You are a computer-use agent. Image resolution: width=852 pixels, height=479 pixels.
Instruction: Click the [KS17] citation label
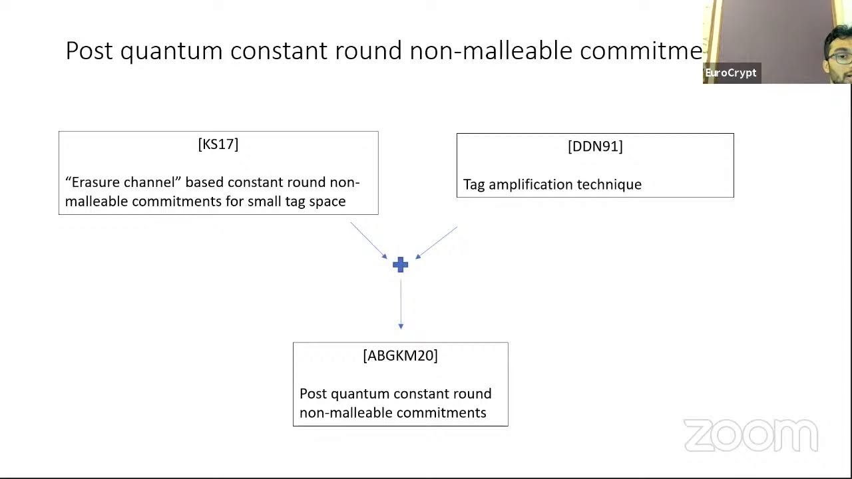point(218,144)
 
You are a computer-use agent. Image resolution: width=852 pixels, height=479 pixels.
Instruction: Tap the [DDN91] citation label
point(595,146)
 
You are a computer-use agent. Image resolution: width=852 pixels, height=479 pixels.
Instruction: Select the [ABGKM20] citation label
point(400,356)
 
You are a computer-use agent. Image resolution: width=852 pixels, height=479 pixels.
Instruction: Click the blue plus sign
point(400,265)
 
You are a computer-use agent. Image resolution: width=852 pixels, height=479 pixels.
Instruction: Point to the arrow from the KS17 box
point(369,241)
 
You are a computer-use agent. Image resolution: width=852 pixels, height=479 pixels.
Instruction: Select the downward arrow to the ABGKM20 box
point(401,303)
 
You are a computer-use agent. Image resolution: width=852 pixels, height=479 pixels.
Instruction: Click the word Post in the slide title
point(89,51)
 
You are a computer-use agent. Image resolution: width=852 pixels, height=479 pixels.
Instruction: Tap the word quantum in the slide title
point(171,51)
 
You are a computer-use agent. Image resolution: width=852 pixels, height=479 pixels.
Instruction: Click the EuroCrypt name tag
point(731,73)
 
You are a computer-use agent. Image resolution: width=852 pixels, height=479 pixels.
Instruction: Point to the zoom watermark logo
point(751,436)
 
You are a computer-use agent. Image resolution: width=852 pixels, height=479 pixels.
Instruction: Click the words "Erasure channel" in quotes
point(123,182)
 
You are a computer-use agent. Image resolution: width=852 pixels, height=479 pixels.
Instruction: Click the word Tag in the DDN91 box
point(474,185)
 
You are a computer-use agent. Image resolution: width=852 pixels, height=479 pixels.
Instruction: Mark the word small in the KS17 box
point(266,202)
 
